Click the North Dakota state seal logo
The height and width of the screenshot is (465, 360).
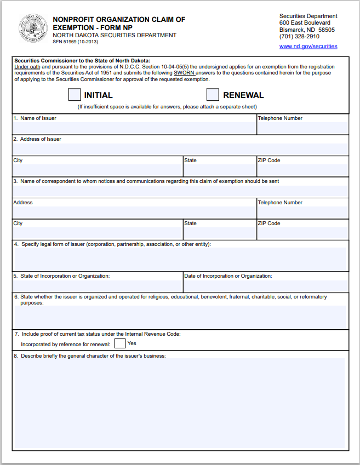coord(33,28)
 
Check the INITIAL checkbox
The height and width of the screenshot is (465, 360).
coord(75,95)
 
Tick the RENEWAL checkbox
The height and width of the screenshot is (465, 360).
coord(213,95)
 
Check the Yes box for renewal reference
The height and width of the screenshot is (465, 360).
coord(120,344)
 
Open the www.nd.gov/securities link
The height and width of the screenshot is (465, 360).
coord(308,47)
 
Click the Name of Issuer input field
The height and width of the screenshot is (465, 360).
coord(134,128)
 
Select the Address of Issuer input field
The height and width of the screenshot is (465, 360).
coord(180,149)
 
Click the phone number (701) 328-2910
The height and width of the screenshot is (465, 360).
coord(299,37)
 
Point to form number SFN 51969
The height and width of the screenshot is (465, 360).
coord(76,42)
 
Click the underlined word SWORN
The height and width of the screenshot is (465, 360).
coord(184,73)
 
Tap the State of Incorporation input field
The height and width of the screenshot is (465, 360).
coord(98,286)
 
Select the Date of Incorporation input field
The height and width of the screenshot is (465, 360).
coord(266,286)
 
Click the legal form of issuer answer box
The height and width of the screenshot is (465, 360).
coord(180,259)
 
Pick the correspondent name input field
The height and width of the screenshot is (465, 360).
coord(180,191)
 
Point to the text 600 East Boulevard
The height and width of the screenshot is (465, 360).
coord(305,23)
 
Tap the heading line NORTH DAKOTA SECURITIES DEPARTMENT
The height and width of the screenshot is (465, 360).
coord(115,35)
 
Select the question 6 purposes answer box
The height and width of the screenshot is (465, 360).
coord(180,317)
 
